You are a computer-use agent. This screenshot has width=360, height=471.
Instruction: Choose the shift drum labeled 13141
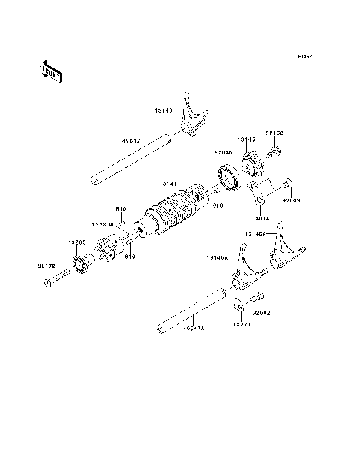pos(174,211)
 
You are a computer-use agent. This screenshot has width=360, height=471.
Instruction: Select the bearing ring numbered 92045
pos(226,177)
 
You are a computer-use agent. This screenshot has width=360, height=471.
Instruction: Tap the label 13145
pos(246,139)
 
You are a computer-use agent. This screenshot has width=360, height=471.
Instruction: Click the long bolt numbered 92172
pos(57,283)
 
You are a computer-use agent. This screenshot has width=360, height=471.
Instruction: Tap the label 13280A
pos(101,223)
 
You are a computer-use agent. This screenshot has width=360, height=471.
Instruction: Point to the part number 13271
pos(239,325)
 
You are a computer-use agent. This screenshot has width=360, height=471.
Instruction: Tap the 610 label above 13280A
pos(121,209)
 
